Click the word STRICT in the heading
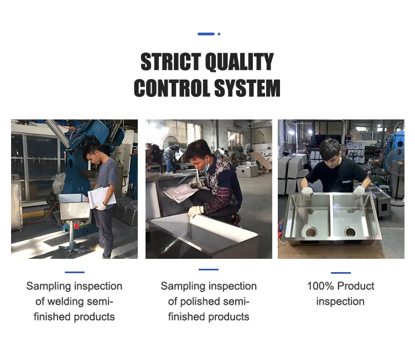[x=170, y=61]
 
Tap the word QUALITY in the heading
[x=240, y=62]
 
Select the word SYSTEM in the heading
[x=247, y=88]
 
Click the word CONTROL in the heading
[x=172, y=88]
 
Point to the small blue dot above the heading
[x=219, y=34]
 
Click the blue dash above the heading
[x=206, y=34]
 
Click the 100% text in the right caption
[x=320, y=286]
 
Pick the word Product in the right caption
[x=356, y=286]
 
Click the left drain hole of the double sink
[x=310, y=232]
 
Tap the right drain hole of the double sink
[x=351, y=232]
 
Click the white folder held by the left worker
[x=102, y=198]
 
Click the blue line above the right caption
[x=341, y=273]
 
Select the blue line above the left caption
[x=75, y=272]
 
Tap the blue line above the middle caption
[x=209, y=269]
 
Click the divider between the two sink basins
[x=330, y=216]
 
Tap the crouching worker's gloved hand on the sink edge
[x=195, y=211]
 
